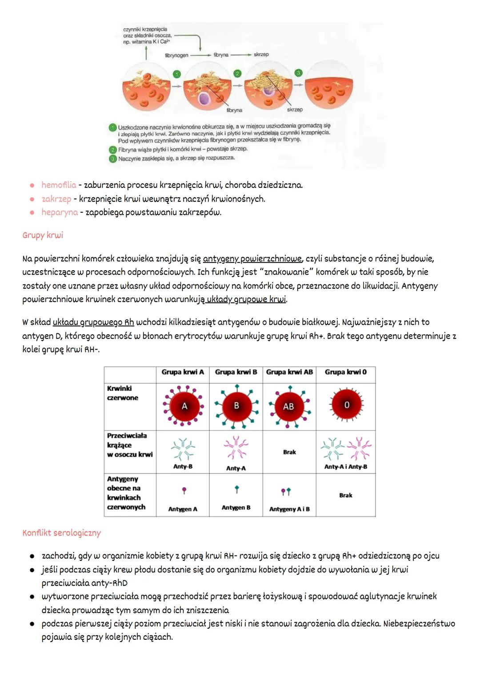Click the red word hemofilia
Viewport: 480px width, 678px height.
click(59, 185)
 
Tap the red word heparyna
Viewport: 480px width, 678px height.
click(60, 212)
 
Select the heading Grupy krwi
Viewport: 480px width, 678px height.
click(43, 235)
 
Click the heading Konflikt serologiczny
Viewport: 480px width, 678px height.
click(62, 533)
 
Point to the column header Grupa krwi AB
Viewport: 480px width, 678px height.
click(289, 372)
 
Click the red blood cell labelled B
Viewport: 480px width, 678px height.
click(236, 406)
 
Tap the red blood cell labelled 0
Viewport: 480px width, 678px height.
click(347, 405)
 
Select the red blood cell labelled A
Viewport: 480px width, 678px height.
click(184, 406)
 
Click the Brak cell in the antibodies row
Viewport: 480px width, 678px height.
click(289, 452)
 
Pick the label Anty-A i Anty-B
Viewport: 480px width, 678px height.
click(346, 467)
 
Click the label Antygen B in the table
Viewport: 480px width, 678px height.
click(236, 508)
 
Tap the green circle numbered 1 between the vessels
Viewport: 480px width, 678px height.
click(177, 74)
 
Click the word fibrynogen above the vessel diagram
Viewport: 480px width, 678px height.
click(176, 55)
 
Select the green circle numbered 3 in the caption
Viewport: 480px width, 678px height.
click(113, 158)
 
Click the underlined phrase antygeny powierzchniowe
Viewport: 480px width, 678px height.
click(252, 259)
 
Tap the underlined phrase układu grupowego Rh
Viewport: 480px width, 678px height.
click(93, 322)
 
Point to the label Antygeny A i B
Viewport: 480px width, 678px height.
click(289, 509)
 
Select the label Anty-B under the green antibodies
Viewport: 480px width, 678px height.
click(183, 467)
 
